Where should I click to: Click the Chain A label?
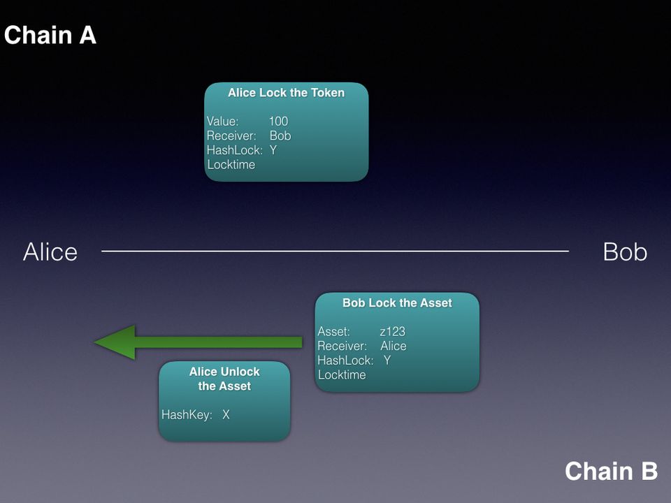pyautogui.click(x=50, y=35)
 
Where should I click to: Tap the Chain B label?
pyautogui.click(x=611, y=471)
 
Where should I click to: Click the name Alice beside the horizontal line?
pyautogui.click(x=50, y=252)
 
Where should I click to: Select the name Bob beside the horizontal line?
pyautogui.click(x=625, y=252)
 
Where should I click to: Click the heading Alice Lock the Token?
pyautogui.click(x=286, y=93)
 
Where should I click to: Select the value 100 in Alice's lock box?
pyautogui.click(x=278, y=122)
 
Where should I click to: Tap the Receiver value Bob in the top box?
pyautogui.click(x=280, y=136)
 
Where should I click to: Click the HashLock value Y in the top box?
pyautogui.click(x=273, y=150)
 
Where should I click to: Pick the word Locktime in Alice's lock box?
pyautogui.click(x=231, y=165)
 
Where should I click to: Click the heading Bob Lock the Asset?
pyautogui.click(x=397, y=303)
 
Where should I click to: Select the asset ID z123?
pyautogui.click(x=392, y=332)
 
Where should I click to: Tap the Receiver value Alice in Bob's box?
pyautogui.click(x=393, y=347)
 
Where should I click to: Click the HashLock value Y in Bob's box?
pyautogui.click(x=387, y=360)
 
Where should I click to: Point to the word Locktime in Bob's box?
pyautogui.click(x=342, y=375)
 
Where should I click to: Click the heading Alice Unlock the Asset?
pyautogui.click(x=224, y=379)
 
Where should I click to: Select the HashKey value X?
pyautogui.click(x=226, y=415)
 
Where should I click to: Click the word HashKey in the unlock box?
pyautogui.click(x=186, y=415)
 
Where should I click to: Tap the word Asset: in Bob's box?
pyautogui.click(x=333, y=332)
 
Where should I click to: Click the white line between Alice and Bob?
pyautogui.click(x=335, y=251)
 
